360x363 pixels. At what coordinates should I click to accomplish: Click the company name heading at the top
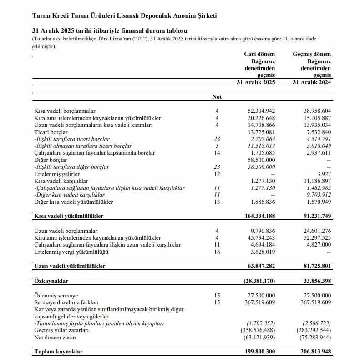pyautogui.click(x=125, y=16)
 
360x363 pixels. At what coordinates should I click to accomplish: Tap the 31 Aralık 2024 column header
pyautogui.click(x=312, y=82)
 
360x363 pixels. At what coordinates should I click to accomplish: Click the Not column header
pyautogui.click(x=217, y=97)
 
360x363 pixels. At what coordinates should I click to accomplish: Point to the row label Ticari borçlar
pyautogui.click(x=51, y=132)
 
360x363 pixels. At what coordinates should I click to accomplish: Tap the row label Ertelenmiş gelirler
pyautogui.click(x=57, y=174)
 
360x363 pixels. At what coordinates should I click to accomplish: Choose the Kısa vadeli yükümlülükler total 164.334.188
pyautogui.click(x=259, y=216)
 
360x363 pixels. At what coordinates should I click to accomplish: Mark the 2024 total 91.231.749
pyautogui.click(x=314, y=216)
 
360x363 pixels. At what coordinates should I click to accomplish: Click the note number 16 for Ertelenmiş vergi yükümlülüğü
pyautogui.click(x=217, y=252)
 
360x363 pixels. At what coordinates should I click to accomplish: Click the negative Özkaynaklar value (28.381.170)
pyautogui.click(x=259, y=282)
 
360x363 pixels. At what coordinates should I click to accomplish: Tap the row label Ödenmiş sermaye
pyautogui.click(x=57, y=296)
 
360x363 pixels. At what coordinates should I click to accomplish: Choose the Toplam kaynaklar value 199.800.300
pyautogui.click(x=259, y=352)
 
